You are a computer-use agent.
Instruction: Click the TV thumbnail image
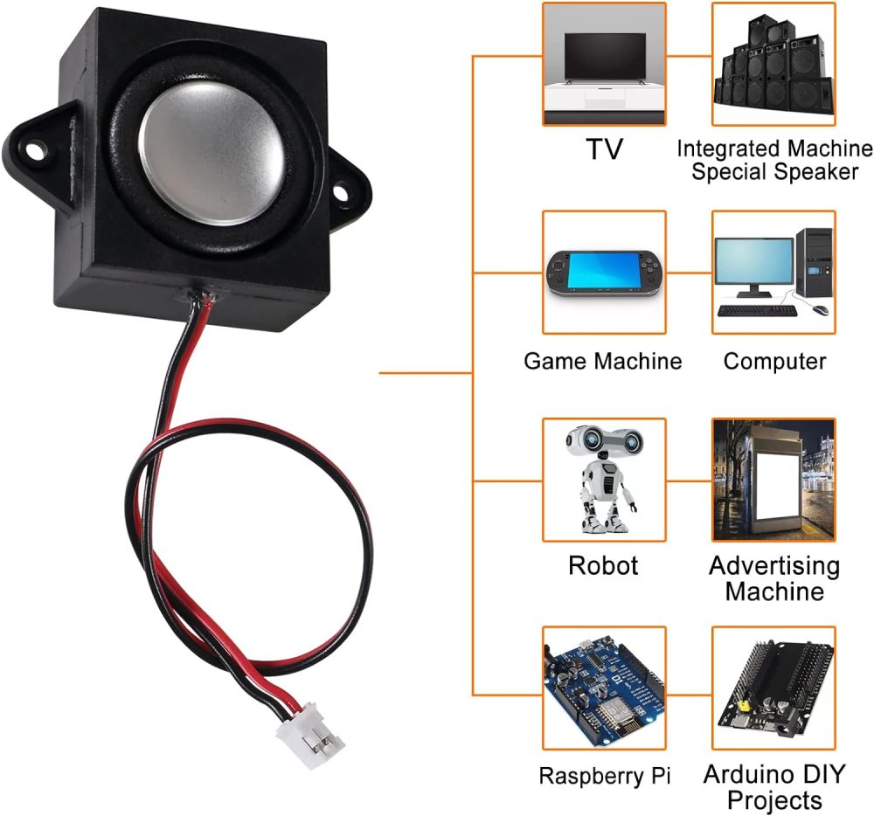[604, 64]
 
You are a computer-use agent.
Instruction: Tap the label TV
[604, 149]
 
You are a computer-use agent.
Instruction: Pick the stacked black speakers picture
[773, 64]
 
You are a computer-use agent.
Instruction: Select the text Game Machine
[602, 361]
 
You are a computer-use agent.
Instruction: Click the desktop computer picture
[773, 272]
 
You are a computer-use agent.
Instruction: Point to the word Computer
[774, 361]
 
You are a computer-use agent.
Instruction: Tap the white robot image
[604, 479]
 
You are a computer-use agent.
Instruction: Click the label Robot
[603, 565]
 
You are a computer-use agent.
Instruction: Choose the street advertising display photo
[773, 479]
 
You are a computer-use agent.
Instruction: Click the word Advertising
[773, 565]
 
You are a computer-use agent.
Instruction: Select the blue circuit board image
[604, 687]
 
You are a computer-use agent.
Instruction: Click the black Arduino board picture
[773, 687]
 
